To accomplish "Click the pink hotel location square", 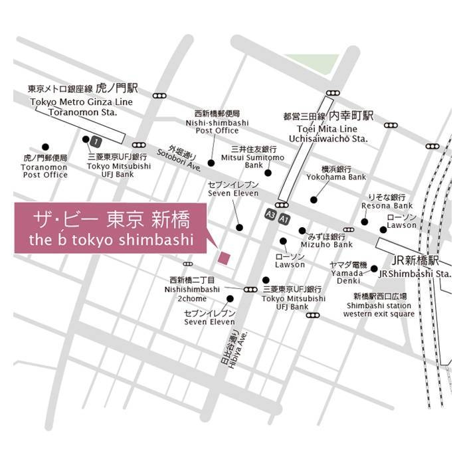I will pyautogui.click(x=224, y=257).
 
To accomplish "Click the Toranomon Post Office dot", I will pyautogui.click(x=45, y=147).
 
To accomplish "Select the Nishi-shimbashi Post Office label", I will pyautogui.click(x=221, y=122).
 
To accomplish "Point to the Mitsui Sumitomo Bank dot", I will pyautogui.click(x=268, y=173).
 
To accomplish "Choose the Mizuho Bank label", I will pyautogui.click(x=326, y=240).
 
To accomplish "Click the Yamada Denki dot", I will pyautogui.click(x=374, y=268).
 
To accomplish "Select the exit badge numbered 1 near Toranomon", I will pyautogui.click(x=96, y=141).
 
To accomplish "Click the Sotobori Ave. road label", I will pyautogui.click(x=179, y=159).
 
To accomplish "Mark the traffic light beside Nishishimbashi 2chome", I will pyautogui.click(x=250, y=290).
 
